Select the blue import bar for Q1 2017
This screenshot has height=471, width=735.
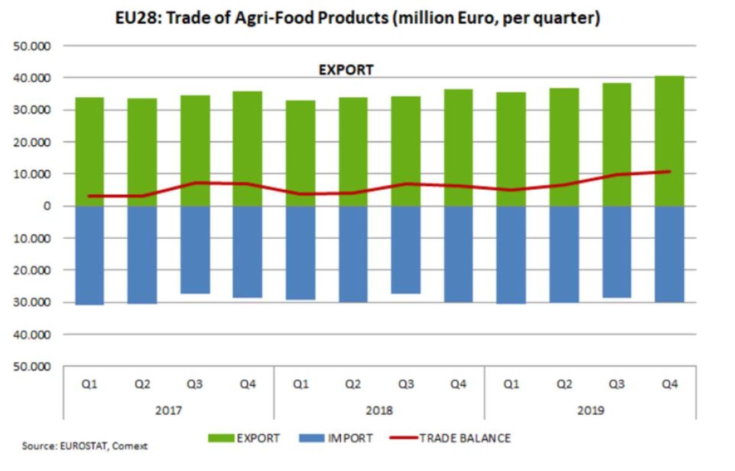pos(90,255)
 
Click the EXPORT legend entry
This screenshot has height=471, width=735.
pos(244,438)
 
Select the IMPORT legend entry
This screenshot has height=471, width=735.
pos(336,438)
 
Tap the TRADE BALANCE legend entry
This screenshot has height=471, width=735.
pos(450,438)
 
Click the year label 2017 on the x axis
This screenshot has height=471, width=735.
pos(168,410)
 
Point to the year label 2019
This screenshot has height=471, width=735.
pos(591,410)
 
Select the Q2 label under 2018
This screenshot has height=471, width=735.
pos(353,384)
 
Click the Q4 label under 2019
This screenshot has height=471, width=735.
pos(670,384)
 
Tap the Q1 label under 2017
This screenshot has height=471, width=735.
pos(89,384)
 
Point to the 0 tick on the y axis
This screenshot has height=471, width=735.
pos(47,206)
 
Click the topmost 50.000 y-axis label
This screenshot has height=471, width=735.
pos(32,46)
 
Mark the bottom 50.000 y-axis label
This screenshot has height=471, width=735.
pos(32,367)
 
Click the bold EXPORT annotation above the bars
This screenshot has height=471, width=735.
pos(346,70)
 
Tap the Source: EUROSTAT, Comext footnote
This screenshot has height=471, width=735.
pos(85,446)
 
